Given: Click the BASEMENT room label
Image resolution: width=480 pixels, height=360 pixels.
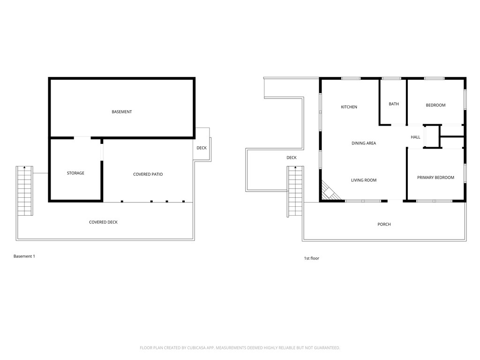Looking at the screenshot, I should pos(122,112).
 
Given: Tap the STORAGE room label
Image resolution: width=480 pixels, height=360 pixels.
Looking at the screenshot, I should pos(75,173).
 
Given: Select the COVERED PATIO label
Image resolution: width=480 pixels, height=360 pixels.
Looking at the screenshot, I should pos(148,174).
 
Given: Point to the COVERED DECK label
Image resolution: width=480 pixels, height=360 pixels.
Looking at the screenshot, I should pos(103,222).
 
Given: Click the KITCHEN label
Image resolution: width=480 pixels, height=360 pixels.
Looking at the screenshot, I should pos(349,107).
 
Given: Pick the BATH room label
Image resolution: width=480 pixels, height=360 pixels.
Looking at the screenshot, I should pos(394,104).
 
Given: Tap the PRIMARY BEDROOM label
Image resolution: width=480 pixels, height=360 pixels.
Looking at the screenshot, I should pos(435,178).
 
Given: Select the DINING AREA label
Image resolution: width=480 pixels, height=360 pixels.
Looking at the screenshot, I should pos(364,143).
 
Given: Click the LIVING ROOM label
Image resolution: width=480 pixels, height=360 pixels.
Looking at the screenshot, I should pos(364,180).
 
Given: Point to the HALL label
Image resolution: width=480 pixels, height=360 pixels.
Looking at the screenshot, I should pos(415,137).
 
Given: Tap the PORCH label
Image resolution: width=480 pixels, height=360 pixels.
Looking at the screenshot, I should pos(384,225).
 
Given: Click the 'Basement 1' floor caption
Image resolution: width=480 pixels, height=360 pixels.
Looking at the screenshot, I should pos(24,256).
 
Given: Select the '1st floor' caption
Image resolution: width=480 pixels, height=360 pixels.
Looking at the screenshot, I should pos(312,258).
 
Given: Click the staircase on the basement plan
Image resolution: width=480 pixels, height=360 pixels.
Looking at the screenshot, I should pos(24,190).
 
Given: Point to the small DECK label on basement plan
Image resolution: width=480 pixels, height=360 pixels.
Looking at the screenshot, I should pos(202,148).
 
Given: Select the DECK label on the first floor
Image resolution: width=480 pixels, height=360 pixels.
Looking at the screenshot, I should pos(292,157).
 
